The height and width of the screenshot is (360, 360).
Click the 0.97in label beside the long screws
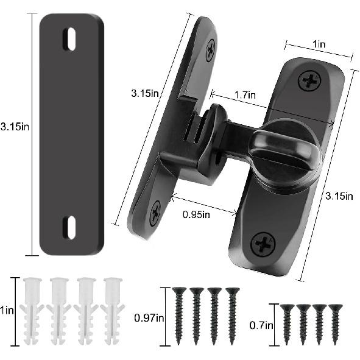147,317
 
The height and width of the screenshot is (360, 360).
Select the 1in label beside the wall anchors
7,310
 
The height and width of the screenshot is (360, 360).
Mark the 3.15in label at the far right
339,196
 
